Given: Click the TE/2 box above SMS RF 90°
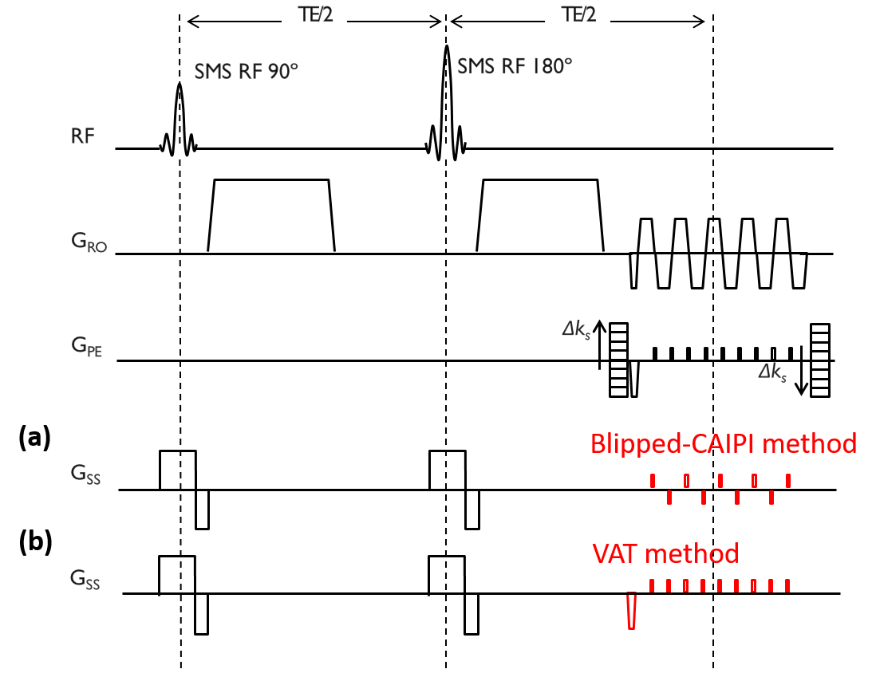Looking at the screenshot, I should (314, 14).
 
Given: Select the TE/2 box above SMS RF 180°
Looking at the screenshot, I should (578, 14).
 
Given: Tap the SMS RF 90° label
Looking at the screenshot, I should (246, 71).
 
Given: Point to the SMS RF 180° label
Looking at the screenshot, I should (515, 66).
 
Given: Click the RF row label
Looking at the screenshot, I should (83, 136).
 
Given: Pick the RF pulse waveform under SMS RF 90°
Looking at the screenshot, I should (177, 151).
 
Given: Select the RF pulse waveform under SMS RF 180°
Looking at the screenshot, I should (444, 152).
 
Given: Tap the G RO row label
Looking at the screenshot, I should (89, 242).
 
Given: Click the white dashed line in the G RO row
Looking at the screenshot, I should (716, 255).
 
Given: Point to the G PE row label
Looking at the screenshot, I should (86, 346).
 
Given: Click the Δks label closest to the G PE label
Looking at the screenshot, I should (576, 329).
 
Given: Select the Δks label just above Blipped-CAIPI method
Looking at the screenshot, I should (772, 372).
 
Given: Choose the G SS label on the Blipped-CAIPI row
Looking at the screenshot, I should (85, 474).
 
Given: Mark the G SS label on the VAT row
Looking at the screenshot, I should (85, 580).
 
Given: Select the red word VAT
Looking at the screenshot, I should (615, 553).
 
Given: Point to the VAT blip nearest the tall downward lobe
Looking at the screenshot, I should (652, 586).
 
